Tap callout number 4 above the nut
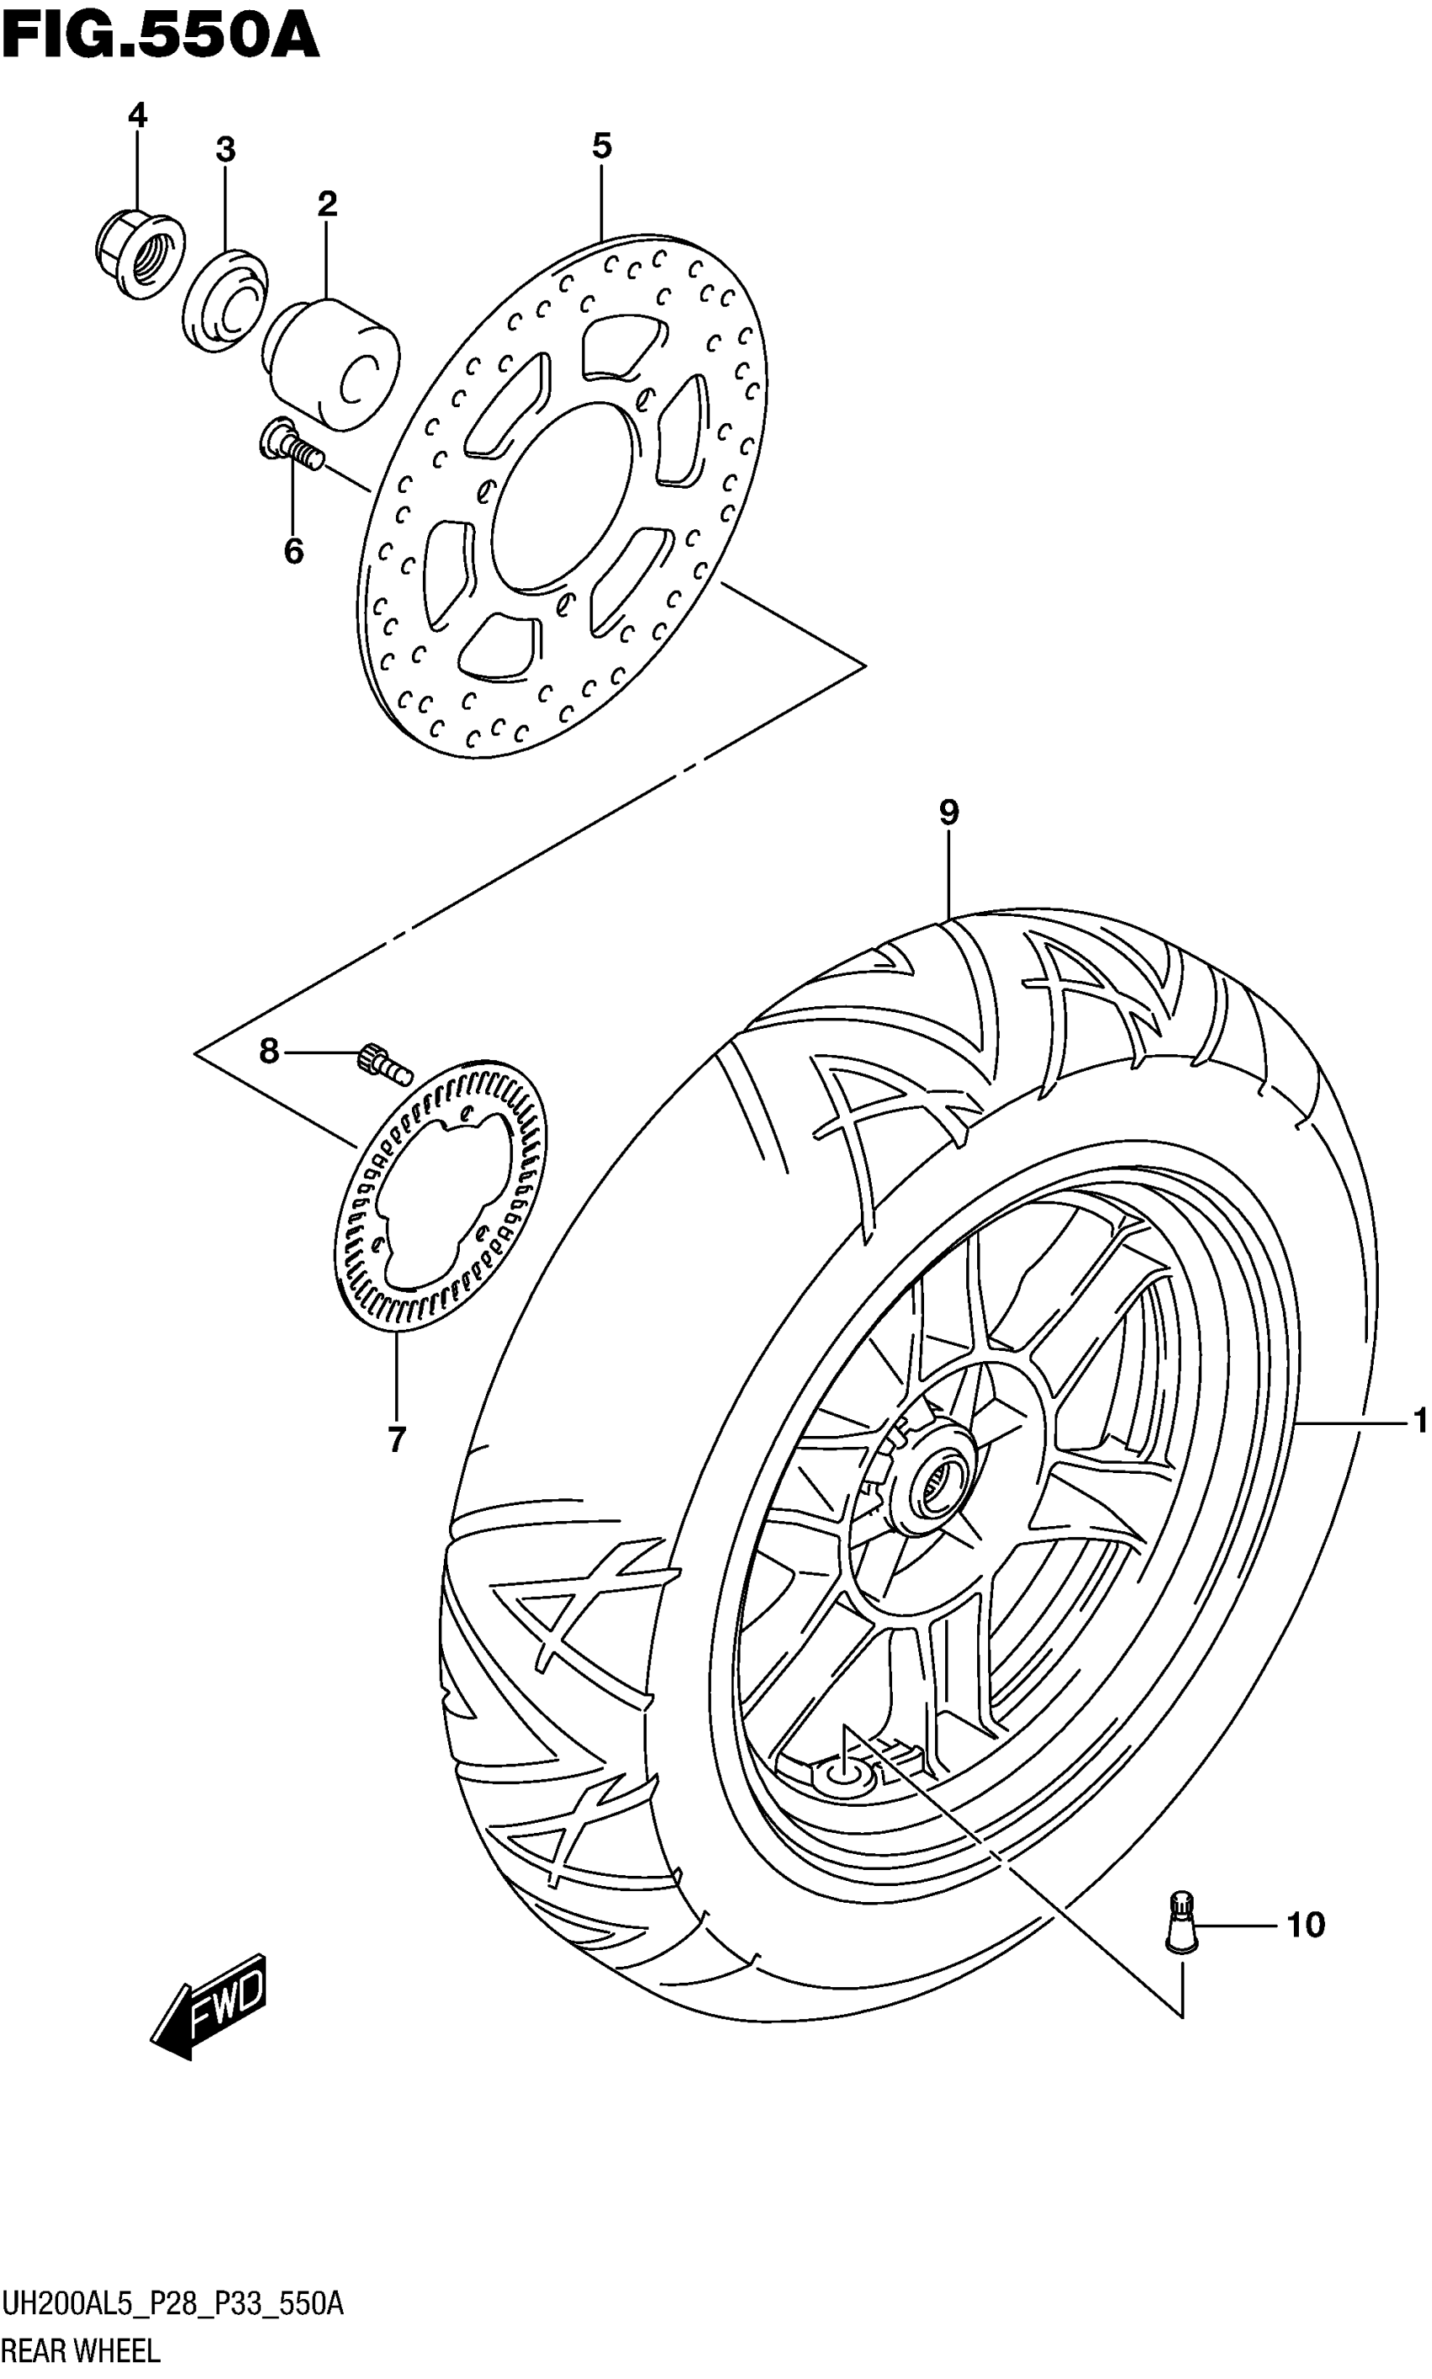(137, 115)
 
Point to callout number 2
(327, 204)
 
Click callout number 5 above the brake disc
(601, 147)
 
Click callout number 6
(293, 551)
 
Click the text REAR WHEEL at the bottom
(81, 2352)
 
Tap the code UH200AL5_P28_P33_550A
(173, 2306)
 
